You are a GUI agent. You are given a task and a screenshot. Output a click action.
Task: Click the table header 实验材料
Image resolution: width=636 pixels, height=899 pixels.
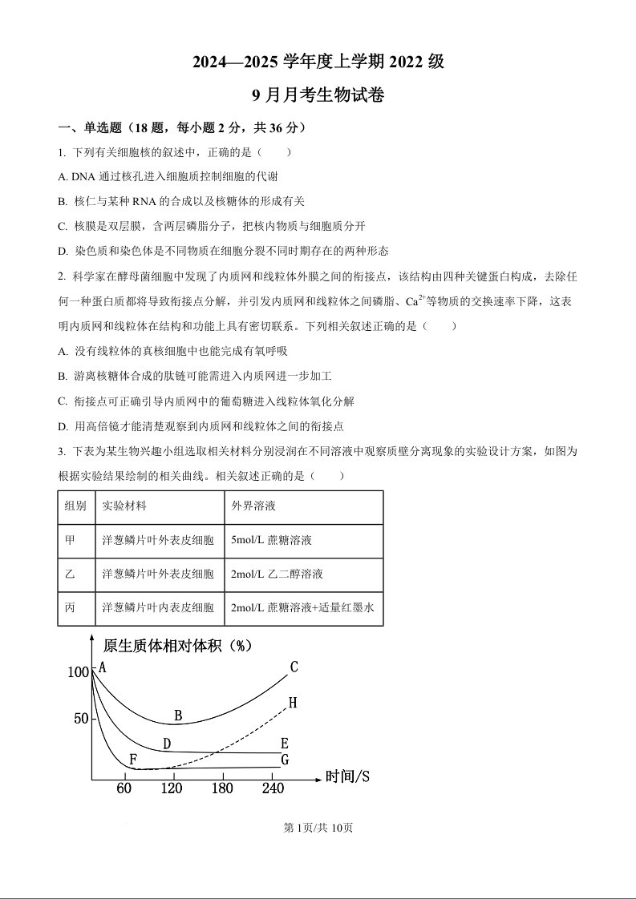(x=124, y=506)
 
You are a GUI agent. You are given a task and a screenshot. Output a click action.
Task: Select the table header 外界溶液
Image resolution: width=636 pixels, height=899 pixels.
(x=253, y=506)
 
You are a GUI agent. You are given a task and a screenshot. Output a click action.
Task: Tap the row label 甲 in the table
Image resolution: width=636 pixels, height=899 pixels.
(x=70, y=540)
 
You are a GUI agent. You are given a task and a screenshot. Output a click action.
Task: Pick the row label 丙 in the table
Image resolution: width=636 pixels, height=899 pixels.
(x=70, y=608)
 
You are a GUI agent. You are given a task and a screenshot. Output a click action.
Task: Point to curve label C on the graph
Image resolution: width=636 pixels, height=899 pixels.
(x=294, y=667)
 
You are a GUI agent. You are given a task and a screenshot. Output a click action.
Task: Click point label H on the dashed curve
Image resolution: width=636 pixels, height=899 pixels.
(x=293, y=703)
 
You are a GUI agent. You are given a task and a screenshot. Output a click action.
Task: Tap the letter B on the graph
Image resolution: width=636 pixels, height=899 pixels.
(x=178, y=716)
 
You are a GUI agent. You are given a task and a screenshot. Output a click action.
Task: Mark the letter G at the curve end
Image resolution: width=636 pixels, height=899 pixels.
(x=285, y=760)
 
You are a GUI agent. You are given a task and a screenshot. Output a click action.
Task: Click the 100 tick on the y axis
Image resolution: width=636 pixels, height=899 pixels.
(x=79, y=672)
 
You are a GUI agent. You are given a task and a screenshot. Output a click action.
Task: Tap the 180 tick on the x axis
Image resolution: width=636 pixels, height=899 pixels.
(x=221, y=789)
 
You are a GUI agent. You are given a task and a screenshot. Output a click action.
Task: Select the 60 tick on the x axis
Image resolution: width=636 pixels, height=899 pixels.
(x=124, y=789)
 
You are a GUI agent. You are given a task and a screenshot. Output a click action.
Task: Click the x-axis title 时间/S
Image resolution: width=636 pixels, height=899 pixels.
(x=347, y=776)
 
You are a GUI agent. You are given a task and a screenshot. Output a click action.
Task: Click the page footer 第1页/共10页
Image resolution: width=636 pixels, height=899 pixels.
(x=318, y=828)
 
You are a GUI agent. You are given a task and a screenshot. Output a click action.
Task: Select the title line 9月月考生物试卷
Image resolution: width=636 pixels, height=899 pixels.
(x=318, y=95)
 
